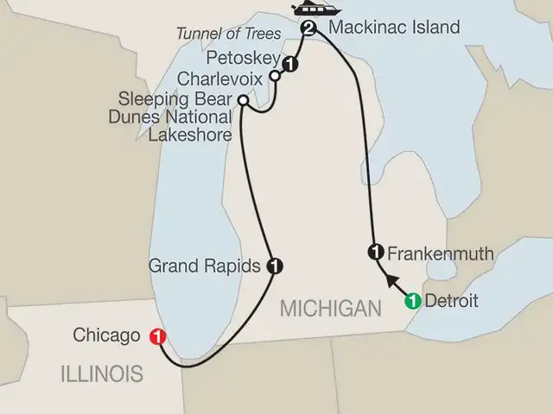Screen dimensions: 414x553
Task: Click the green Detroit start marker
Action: [412, 301]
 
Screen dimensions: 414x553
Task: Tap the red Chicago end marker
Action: [157, 336]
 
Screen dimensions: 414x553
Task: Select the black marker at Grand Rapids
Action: [274, 266]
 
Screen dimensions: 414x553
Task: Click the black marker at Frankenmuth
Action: [376, 253]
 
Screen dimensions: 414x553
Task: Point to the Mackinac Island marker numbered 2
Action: [308, 29]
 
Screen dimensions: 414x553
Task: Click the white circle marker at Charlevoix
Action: [276, 76]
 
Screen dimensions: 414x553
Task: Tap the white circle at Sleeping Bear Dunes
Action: [244, 102]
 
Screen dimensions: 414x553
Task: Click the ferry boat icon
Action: [307, 9]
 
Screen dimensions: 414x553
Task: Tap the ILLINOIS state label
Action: [101, 373]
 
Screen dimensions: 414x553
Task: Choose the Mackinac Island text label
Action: [387, 28]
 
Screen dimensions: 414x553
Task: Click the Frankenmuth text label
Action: [441, 254]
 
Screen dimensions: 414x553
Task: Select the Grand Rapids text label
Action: [205, 266]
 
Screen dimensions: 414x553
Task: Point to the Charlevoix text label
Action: [219, 78]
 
